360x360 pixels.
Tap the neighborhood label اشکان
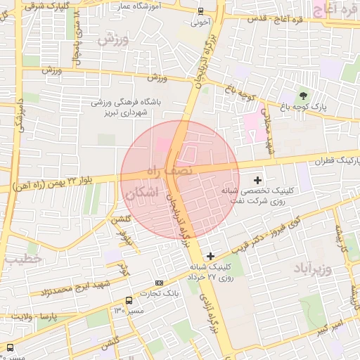(143, 193)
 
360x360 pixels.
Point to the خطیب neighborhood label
(24, 259)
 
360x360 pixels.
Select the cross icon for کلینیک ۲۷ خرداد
(210, 255)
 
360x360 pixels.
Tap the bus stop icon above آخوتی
(201, 11)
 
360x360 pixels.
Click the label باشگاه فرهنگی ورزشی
(130, 102)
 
